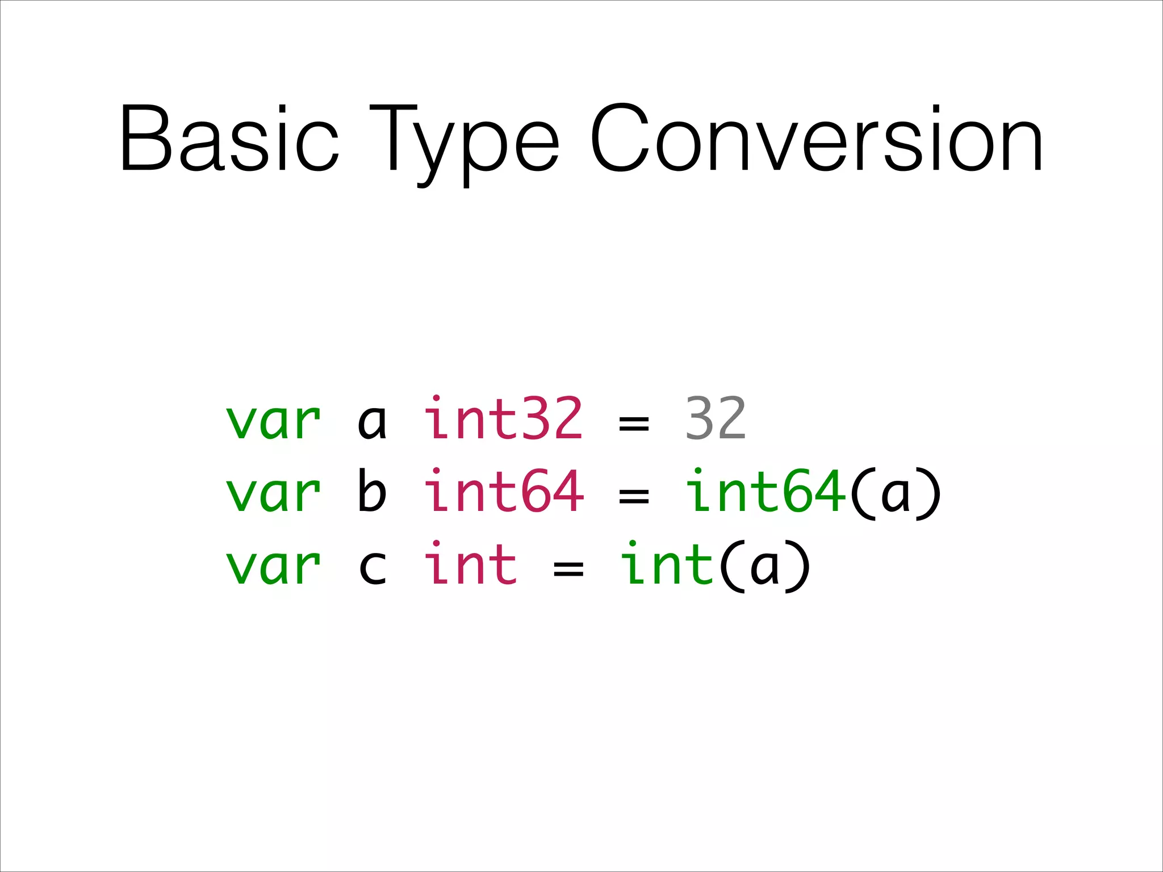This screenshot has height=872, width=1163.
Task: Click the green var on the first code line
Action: pos(274,421)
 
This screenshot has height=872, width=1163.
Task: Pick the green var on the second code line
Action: pos(274,493)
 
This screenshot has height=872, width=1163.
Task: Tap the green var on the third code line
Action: pos(274,565)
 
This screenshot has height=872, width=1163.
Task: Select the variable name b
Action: pos(373,491)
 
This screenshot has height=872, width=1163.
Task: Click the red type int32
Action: pos(504,418)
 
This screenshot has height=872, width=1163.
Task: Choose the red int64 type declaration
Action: pos(504,491)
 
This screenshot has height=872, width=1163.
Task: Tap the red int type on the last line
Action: pos(471,563)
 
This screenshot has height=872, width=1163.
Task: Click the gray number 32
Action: pos(715,418)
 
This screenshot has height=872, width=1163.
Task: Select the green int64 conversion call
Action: pos(765,491)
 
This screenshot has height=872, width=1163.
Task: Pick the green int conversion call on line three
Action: pos(667,563)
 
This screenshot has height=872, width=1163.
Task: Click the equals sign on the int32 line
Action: pos(634,423)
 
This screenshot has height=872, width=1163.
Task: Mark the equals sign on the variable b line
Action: pos(634,496)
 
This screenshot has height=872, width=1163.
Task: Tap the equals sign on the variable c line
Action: pos(568,568)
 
